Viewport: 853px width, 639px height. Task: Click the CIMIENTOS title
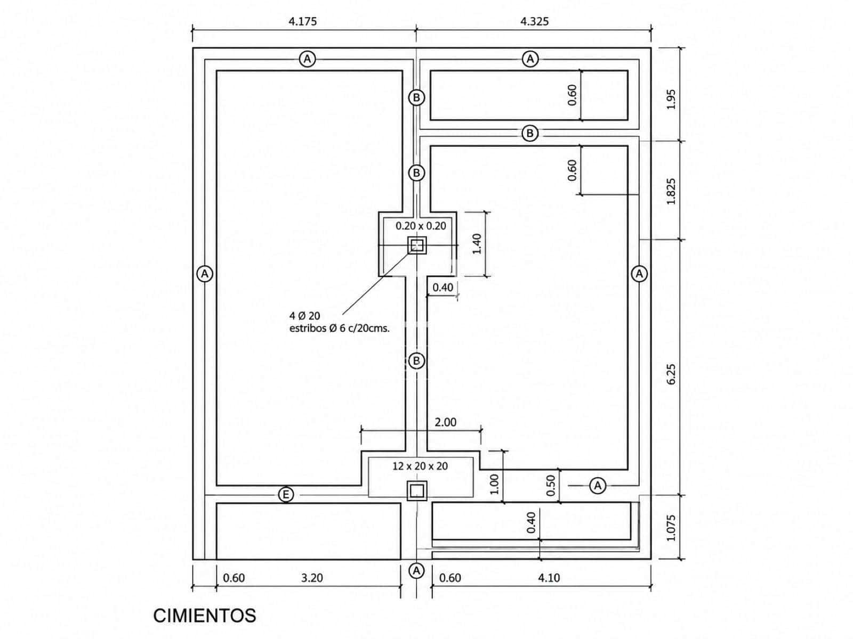tap(204, 616)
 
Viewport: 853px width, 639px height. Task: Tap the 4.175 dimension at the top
tap(302, 21)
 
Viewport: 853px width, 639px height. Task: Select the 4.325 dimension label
tap(534, 21)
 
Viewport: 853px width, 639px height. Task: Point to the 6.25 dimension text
tap(671, 374)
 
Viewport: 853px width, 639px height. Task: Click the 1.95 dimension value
tap(671, 100)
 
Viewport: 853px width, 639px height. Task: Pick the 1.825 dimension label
tap(671, 191)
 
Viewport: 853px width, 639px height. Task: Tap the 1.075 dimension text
tap(671, 528)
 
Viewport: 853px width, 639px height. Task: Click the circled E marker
tap(286, 495)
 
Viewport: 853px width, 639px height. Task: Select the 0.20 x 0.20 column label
tap(421, 226)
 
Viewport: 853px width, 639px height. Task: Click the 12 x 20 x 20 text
tap(420, 466)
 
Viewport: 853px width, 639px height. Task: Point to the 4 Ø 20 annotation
tap(304, 315)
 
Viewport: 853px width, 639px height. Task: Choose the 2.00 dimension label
tap(445, 422)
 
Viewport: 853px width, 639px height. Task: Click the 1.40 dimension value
tap(477, 244)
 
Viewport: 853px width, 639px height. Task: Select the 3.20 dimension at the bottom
tap(312, 578)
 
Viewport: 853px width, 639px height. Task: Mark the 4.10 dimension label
tap(549, 578)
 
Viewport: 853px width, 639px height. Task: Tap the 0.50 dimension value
tap(551, 485)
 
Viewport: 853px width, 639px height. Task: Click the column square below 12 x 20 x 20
tap(416, 491)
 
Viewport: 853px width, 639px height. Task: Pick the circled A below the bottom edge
tap(416, 571)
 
